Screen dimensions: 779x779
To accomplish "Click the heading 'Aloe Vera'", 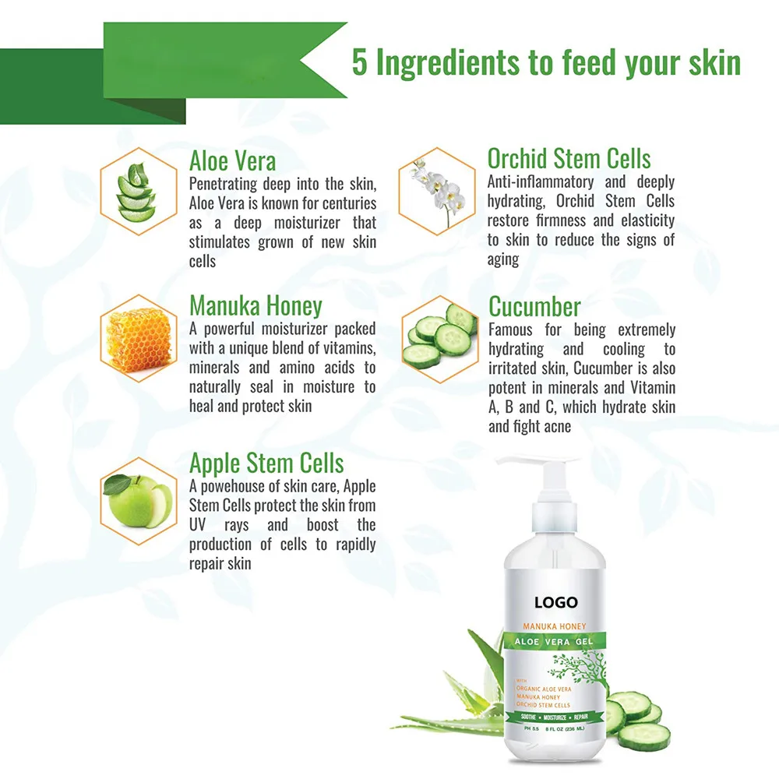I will coord(232,161).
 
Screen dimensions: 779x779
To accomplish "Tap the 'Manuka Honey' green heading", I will coord(256,306).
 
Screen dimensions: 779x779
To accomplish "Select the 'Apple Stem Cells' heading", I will coord(266,464).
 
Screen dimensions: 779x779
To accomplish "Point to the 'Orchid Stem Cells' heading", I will coord(569,159).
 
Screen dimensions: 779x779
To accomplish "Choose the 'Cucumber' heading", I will coord(534,306).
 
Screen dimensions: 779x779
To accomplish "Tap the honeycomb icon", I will coord(139,340).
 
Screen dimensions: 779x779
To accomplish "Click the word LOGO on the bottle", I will coord(555,602).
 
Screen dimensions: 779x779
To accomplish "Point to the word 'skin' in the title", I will coord(710,63).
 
